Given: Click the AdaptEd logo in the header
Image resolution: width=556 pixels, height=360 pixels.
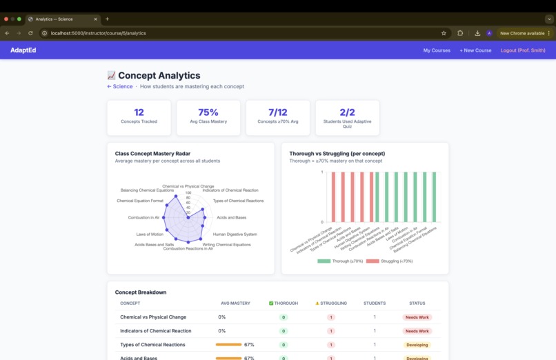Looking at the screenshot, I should click(23, 50).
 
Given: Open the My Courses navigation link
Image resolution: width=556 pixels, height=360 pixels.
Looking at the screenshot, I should click(437, 50).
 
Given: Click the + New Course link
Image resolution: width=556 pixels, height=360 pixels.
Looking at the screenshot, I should click(475, 50).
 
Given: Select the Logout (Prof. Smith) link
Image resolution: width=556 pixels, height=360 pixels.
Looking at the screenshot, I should click(523, 50).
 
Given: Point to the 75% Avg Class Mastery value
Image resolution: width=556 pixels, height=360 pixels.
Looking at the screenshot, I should click(208, 112).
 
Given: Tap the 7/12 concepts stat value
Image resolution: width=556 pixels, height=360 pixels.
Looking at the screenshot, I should click(277, 112).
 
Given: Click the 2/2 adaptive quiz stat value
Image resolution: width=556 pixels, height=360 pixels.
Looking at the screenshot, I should click(347, 112).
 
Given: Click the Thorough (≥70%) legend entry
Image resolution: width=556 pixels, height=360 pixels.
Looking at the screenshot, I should click(340, 261).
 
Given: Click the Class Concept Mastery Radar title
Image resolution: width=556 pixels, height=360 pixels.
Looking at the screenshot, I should click(152, 153).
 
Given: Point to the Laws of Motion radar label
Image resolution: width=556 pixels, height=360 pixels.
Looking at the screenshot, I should click(150, 234).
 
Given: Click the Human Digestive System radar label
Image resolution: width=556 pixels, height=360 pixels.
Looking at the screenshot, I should click(235, 234).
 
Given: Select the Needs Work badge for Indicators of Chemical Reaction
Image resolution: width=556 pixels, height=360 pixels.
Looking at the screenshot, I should click(417, 331).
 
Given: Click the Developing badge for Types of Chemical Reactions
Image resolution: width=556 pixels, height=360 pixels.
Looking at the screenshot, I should click(417, 345).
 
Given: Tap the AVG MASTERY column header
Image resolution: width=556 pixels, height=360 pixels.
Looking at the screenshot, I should click(235, 303).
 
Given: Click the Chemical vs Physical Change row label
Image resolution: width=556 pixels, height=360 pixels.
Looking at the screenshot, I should click(153, 317).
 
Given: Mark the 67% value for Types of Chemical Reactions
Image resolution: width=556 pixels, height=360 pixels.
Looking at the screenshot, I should click(249, 344).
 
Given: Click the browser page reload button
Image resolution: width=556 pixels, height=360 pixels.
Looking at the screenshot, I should click(30, 33).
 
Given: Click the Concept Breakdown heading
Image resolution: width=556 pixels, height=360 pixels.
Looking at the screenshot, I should click(141, 292).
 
